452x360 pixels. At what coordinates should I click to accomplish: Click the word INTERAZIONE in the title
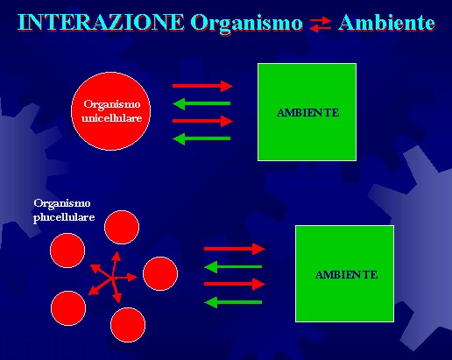101,23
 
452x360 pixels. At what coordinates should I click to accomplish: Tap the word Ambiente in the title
386,23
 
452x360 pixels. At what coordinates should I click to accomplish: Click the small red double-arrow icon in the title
321,25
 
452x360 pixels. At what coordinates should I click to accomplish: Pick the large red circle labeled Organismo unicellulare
111,111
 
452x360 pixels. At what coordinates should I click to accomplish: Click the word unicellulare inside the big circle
112,118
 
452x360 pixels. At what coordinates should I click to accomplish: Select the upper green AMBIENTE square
307,112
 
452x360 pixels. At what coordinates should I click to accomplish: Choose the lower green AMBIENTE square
344,273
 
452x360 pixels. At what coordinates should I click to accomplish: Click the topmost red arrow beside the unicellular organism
202,86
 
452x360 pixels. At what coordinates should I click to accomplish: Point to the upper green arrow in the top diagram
201,103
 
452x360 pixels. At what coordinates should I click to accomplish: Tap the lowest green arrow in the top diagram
201,138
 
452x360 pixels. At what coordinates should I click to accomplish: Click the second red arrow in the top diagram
202,121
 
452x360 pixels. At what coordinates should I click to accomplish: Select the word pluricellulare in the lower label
64,217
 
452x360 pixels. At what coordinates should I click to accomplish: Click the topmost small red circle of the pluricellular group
122,227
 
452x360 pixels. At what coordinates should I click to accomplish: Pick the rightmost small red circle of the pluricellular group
160,273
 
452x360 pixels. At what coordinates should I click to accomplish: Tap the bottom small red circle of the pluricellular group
128,325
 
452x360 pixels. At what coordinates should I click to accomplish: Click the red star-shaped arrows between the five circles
112,278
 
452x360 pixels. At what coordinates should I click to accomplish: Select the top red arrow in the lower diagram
235,249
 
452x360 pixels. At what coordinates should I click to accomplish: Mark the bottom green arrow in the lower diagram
233,302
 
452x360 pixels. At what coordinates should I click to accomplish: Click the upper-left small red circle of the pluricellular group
67,251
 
